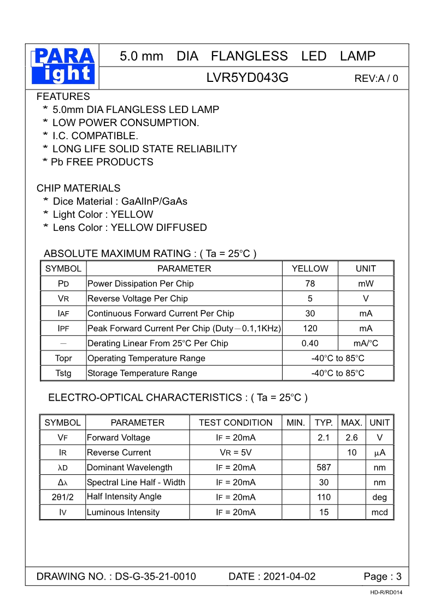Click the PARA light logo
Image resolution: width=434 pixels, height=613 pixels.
(x=63, y=66)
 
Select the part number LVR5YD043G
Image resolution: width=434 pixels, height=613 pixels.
(x=247, y=78)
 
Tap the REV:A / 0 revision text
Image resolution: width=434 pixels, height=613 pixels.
(x=376, y=79)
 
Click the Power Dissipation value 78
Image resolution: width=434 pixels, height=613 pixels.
(x=310, y=284)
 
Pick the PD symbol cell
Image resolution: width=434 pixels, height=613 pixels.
(x=63, y=284)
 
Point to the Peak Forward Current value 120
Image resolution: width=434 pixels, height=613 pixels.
(x=310, y=329)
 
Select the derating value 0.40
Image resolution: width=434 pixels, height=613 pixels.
(x=310, y=343)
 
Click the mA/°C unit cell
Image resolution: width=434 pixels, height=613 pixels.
(x=366, y=343)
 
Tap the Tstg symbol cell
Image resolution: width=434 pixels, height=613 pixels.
(x=63, y=373)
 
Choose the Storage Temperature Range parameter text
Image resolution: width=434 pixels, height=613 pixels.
(x=142, y=373)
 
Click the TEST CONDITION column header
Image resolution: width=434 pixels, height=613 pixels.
(x=236, y=422)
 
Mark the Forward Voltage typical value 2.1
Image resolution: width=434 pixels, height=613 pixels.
(x=324, y=438)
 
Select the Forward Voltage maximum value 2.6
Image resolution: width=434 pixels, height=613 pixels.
(x=351, y=438)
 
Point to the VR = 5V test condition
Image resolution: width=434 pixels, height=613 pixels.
(x=236, y=453)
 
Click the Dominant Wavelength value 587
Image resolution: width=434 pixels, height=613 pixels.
(x=324, y=468)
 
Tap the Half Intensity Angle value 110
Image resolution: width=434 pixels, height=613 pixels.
(x=324, y=497)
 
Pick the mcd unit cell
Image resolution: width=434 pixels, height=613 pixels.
(x=379, y=513)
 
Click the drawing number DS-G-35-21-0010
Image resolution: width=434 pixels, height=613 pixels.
(x=156, y=577)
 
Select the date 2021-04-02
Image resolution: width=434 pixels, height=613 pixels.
(x=289, y=577)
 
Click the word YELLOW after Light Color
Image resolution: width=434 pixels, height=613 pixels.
(x=132, y=215)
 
